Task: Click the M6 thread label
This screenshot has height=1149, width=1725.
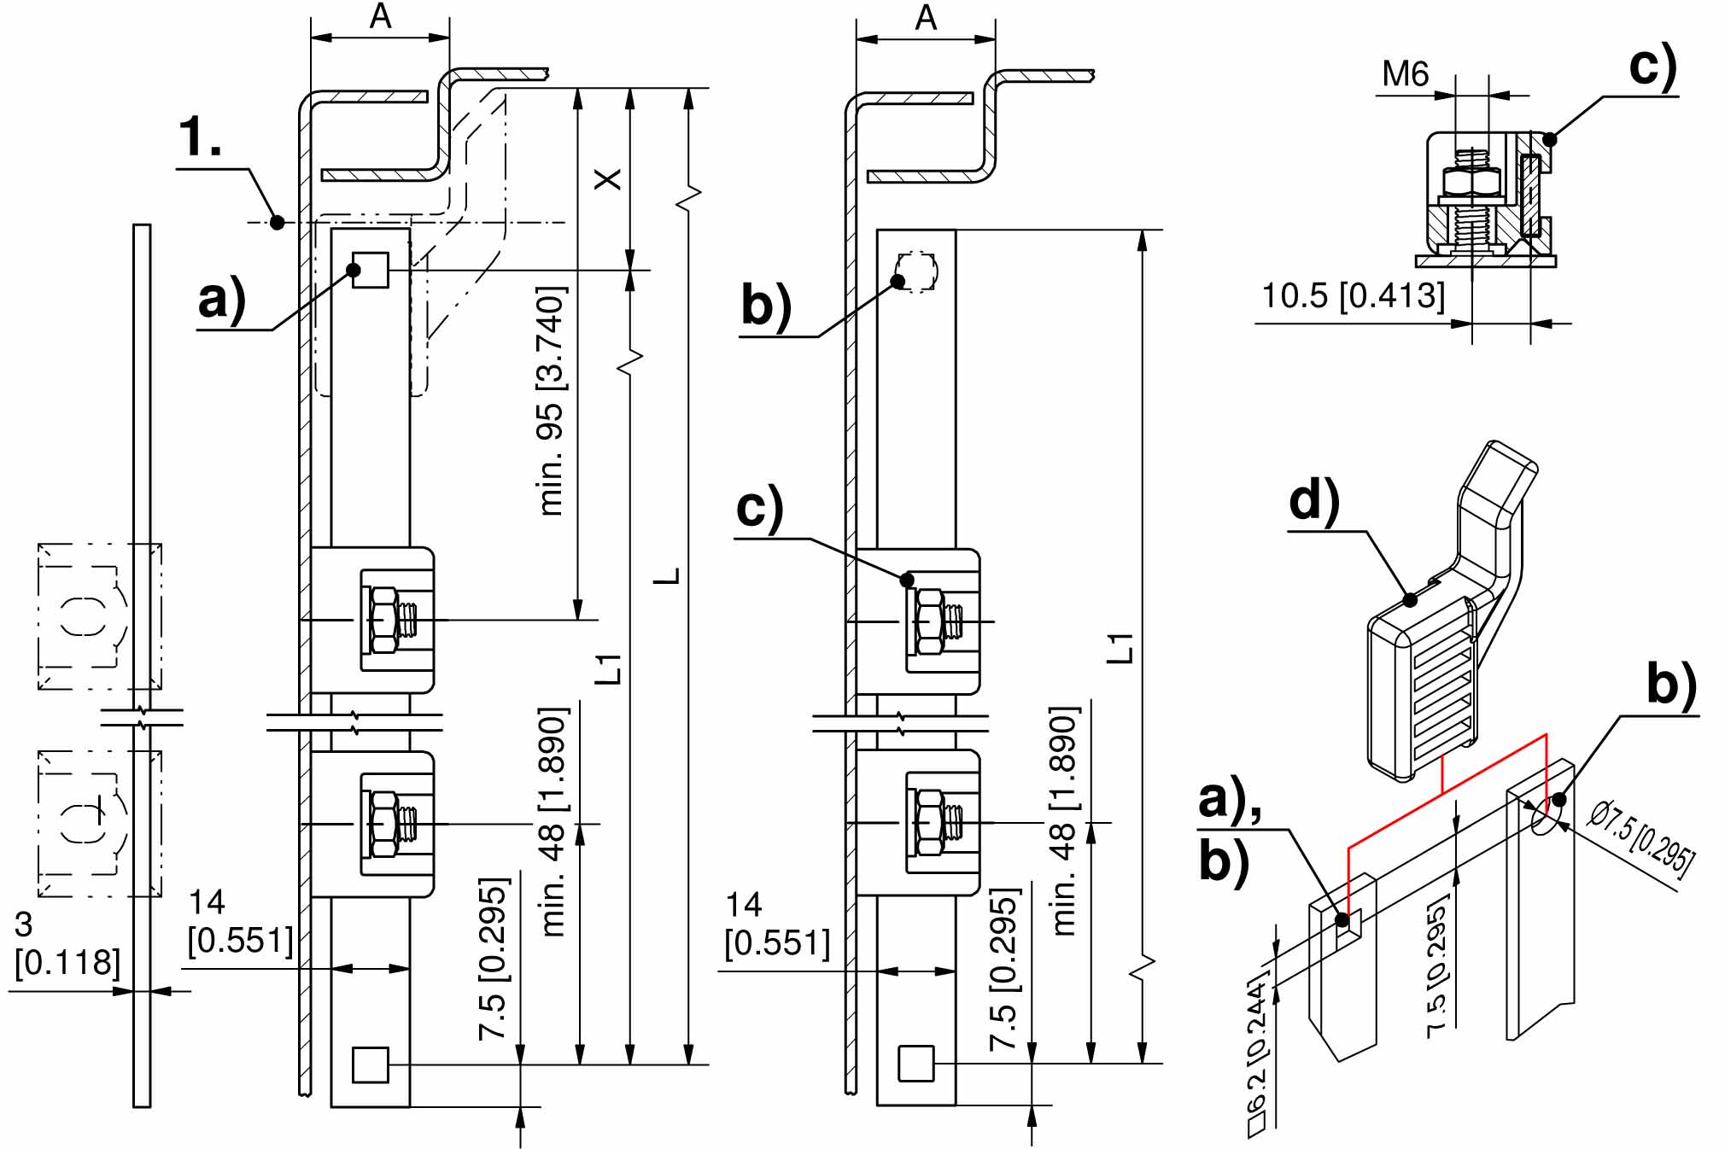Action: pos(1406,74)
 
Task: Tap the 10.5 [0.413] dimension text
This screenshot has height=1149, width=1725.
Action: pos(1354,296)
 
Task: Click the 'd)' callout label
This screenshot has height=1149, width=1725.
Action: pos(1313,500)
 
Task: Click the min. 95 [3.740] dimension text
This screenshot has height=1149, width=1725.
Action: pos(552,401)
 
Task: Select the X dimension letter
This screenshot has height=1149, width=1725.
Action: pos(607,179)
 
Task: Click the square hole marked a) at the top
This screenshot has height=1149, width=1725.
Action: pos(371,270)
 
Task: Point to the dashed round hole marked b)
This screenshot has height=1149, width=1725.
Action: pos(916,272)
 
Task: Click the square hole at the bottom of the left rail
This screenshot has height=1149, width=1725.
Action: pos(371,1064)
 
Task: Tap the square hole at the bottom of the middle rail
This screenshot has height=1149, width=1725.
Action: pos(916,1064)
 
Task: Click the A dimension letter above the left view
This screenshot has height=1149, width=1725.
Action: pos(381,17)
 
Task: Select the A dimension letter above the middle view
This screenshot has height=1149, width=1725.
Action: pos(926,18)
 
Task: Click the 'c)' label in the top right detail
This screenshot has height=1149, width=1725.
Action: pos(1653,67)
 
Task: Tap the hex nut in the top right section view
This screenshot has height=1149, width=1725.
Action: pos(1471,182)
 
